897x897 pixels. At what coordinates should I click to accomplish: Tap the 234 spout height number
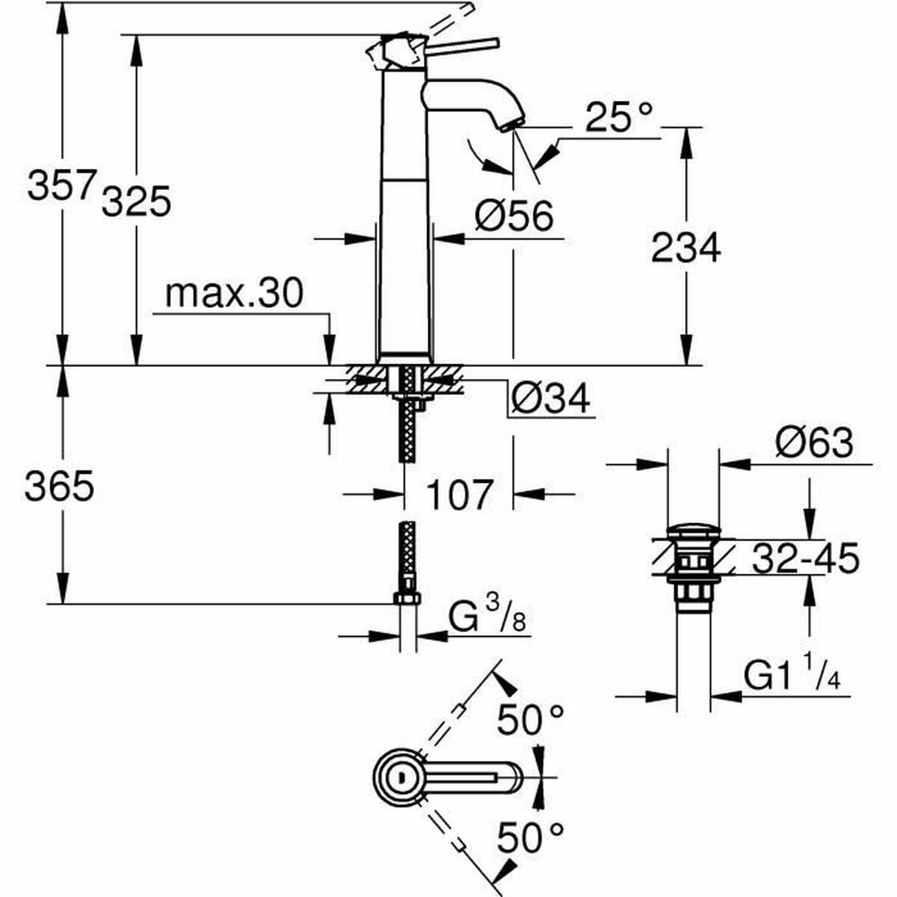pyautogui.click(x=685, y=247)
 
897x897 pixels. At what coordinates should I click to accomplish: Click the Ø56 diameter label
pyautogui.click(x=515, y=216)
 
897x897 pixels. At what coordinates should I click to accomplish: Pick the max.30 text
pyautogui.click(x=234, y=294)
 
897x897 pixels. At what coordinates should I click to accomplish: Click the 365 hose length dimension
pyautogui.click(x=59, y=487)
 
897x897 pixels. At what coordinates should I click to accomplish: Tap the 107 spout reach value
pyautogui.click(x=459, y=494)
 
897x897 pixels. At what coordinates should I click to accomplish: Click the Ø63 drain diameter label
pyautogui.click(x=813, y=444)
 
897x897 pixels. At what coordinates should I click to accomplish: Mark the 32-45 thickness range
pyautogui.click(x=804, y=558)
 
